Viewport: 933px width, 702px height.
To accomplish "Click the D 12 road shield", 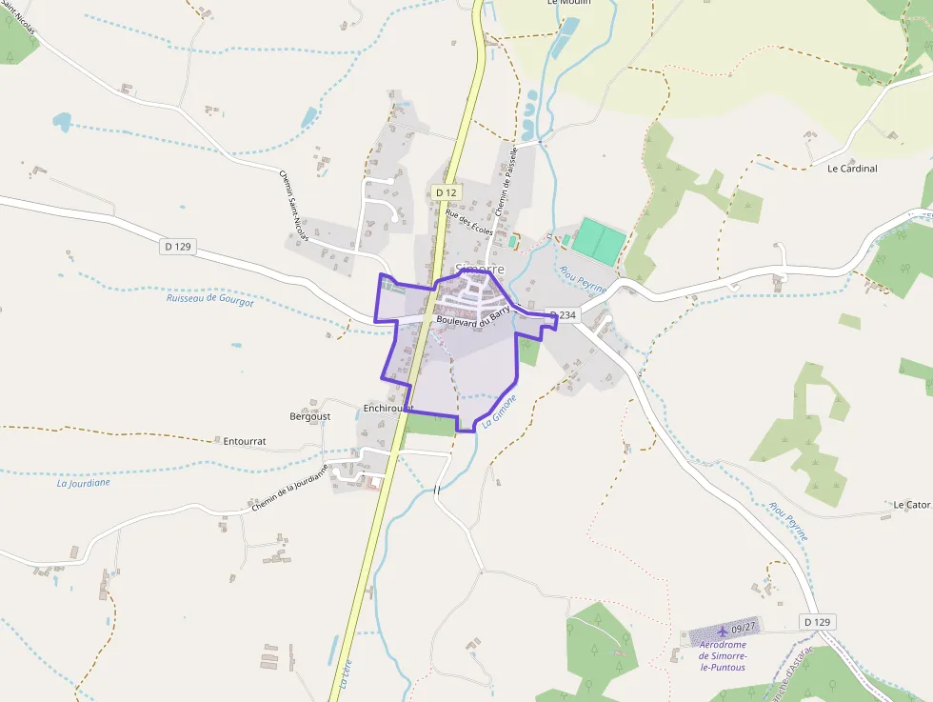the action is (x=446, y=192).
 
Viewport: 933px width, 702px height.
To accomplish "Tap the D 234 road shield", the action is (x=564, y=315).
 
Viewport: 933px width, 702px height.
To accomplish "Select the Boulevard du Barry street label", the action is (x=473, y=317).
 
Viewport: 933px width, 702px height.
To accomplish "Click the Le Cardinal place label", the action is (x=852, y=169).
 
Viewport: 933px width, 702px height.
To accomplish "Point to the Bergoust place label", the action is (x=309, y=416).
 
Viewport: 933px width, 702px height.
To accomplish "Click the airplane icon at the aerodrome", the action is (x=723, y=631).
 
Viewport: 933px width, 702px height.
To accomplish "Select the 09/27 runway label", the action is (x=744, y=627).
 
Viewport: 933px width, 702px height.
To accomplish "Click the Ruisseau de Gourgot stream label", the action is (x=209, y=299).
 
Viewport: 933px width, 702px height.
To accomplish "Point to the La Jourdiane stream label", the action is (x=84, y=482).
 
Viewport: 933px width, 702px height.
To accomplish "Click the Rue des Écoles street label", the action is (x=468, y=225).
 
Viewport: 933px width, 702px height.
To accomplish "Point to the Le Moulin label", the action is (x=569, y=3).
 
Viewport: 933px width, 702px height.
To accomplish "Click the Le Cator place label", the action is (x=910, y=504).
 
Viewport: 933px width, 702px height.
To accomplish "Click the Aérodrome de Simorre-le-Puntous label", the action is (x=723, y=655).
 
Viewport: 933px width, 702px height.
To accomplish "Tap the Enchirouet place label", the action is (x=387, y=408).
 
